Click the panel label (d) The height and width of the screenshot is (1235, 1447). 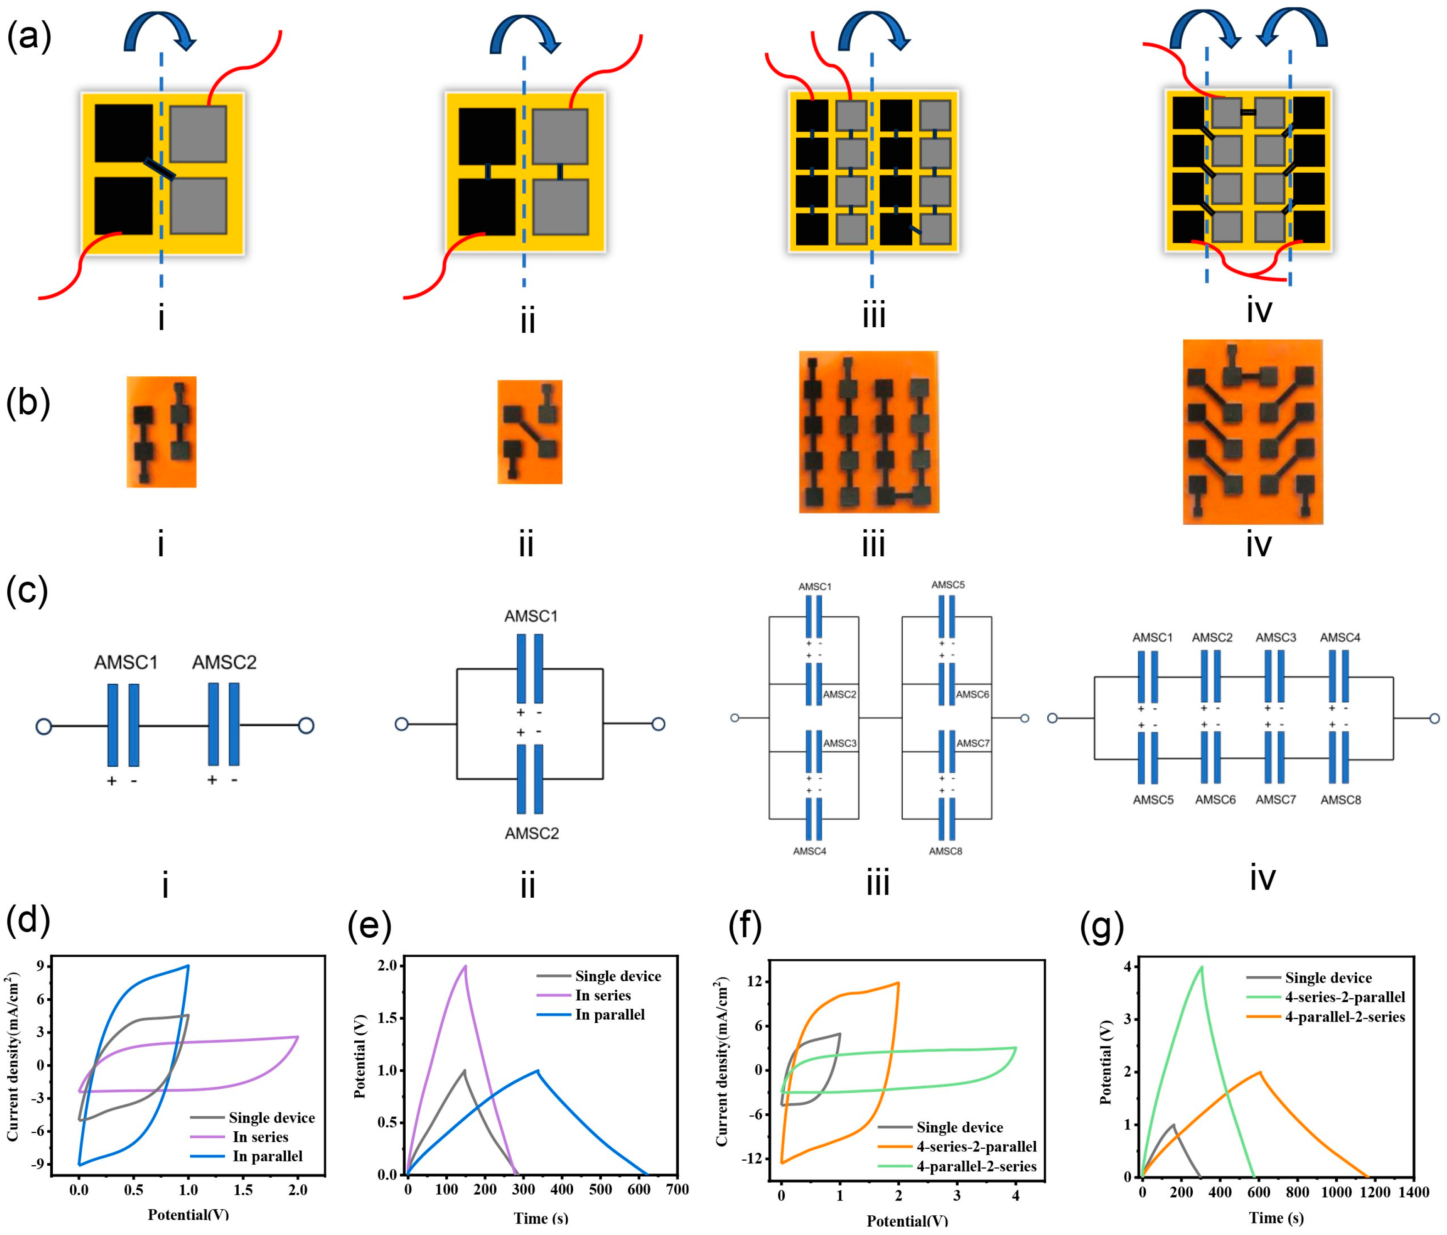pyautogui.click(x=28, y=920)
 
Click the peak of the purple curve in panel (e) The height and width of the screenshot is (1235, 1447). pyautogui.click(x=465, y=966)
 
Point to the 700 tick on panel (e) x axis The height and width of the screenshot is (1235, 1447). pyautogui.click(x=677, y=1189)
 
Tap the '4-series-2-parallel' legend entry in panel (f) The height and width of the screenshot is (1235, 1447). pyautogui.click(x=976, y=1146)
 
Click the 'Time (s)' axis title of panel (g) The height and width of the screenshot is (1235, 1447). pyautogui.click(x=1276, y=1218)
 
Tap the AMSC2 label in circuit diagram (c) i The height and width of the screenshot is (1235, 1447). pyautogui.click(x=224, y=662)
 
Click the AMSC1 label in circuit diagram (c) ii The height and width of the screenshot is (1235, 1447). pyautogui.click(x=531, y=616)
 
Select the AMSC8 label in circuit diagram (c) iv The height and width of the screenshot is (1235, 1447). pyautogui.click(x=1340, y=800)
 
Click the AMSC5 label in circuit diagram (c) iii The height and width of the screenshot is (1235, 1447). pyautogui.click(x=948, y=585)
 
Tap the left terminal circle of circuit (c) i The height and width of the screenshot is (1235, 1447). pyautogui.click(x=43, y=726)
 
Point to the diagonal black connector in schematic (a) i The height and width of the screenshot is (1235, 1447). pyautogui.click(x=160, y=168)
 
